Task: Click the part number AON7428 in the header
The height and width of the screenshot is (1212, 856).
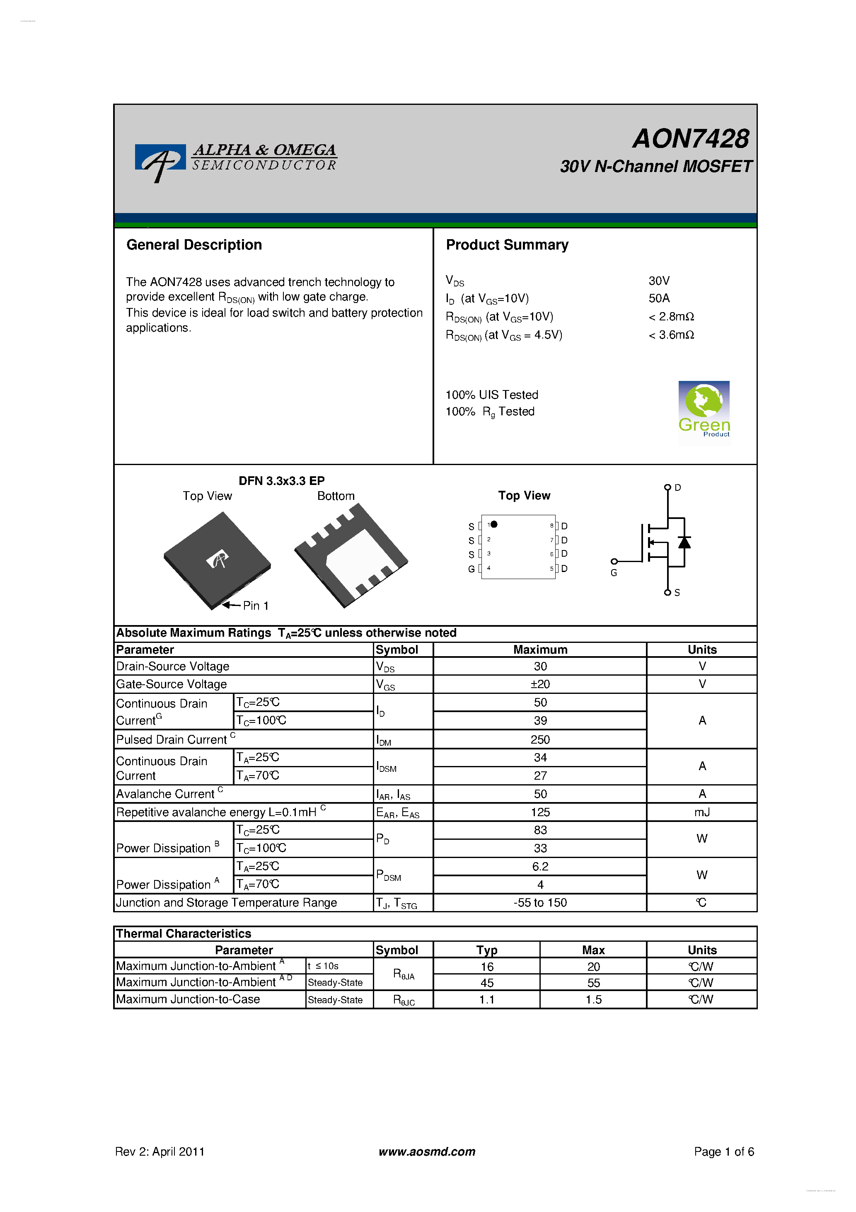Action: [690, 139]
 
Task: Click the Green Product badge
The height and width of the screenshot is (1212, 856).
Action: [704, 412]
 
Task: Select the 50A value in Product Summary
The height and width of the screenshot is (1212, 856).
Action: [659, 298]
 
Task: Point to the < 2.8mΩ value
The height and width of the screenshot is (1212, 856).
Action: [671, 316]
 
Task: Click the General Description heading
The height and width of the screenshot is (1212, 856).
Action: [193, 245]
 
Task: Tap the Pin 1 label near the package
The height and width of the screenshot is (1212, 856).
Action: [255, 606]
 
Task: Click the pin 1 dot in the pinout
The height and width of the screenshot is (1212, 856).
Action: [494, 524]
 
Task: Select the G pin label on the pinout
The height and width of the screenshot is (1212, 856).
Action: [471, 569]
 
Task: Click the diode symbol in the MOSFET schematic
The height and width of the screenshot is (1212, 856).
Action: [684, 542]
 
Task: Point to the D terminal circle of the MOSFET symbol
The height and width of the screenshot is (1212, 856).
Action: [667, 487]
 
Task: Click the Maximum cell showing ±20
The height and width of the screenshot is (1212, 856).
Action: [540, 684]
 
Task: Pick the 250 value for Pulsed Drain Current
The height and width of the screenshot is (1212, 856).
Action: [540, 739]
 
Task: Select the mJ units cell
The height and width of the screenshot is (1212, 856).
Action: [701, 812]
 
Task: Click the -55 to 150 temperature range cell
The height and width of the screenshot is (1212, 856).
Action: [540, 903]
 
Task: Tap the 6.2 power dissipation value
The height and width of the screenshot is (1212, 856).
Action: [540, 866]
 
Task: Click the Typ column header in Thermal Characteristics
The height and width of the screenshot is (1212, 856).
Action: [486, 950]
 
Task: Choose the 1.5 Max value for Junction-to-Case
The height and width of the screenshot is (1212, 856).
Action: [593, 999]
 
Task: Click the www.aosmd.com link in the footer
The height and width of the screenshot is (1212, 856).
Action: [426, 1151]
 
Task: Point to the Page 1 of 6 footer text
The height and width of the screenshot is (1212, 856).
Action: [723, 1151]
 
